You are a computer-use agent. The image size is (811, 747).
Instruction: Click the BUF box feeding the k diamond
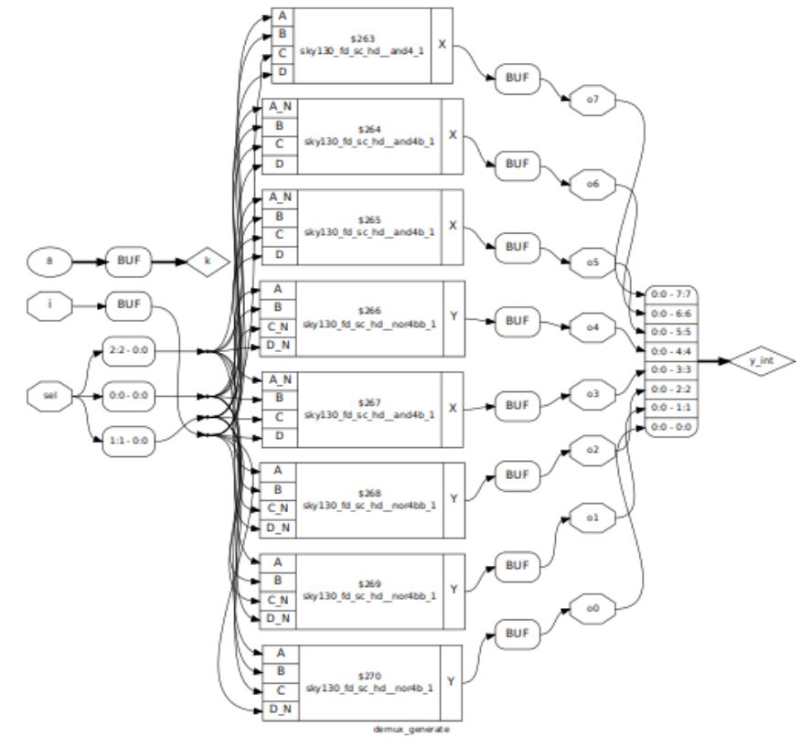(127, 260)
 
